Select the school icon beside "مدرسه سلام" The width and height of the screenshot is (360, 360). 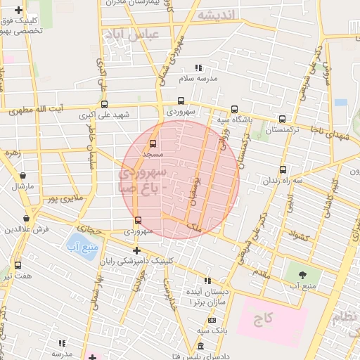point(198,68)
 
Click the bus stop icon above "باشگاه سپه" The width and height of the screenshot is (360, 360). point(234,109)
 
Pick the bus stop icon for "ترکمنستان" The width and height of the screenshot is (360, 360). point(283,119)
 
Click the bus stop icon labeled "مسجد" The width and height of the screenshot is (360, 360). point(153,143)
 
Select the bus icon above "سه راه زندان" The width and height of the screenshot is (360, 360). point(283,169)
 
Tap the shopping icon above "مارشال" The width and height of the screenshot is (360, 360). point(23,176)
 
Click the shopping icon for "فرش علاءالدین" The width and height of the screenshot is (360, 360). point(27,219)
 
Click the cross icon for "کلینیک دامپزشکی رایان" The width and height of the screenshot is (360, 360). point(136,250)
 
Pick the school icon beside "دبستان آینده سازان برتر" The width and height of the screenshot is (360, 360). point(207,280)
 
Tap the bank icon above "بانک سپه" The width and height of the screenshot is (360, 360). point(212,320)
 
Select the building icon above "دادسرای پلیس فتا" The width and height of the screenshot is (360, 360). point(201,346)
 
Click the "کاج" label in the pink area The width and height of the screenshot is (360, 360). point(263,319)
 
